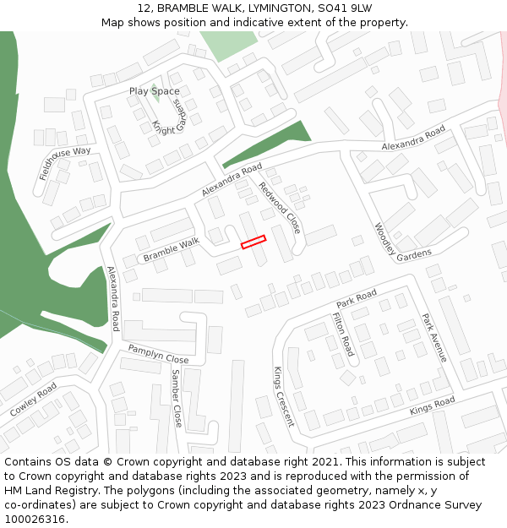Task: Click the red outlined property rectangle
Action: (253, 242)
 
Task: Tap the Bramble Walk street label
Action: (171, 249)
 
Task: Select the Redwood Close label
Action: (280, 208)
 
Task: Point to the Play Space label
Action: (154, 91)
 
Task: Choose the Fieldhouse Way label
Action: (65, 163)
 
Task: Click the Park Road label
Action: (356, 298)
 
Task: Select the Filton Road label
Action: (343, 334)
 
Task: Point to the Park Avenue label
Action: (434, 338)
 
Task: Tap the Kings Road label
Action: (432, 406)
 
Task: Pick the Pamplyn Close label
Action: (158, 354)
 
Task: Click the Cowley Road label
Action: (34, 399)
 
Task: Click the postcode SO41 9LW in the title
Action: (345, 8)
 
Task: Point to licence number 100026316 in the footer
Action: (35, 520)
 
